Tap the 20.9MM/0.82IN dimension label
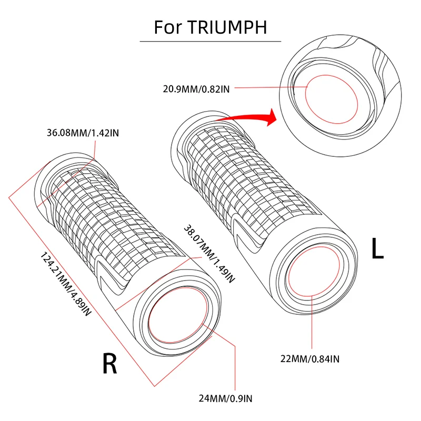(195, 89)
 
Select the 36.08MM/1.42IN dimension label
(83, 133)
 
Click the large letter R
(109, 364)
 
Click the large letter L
(377, 249)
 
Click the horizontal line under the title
(210, 41)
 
